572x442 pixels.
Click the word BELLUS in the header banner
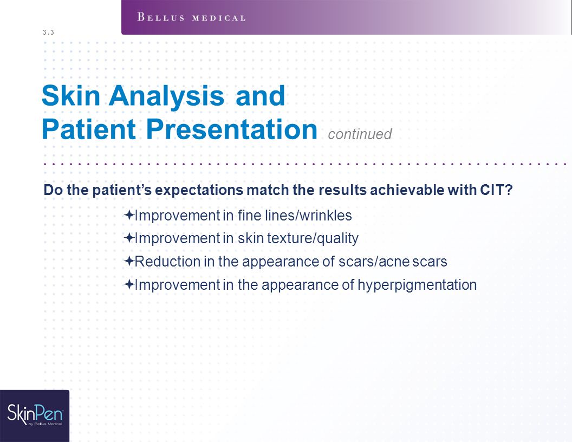pos(161,17)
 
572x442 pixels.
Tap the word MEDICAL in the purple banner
pos(219,18)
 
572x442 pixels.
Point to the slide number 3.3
pos(48,32)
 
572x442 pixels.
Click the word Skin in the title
pos(71,95)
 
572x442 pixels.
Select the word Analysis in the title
pos(166,96)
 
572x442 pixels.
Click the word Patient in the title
pos(89,129)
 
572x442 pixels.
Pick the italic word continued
pos(360,134)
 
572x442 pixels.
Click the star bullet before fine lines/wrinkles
pos(129,215)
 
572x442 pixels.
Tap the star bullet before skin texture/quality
pos(129,238)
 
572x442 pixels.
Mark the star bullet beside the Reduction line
pos(129,261)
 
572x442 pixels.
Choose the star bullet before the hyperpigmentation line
pos(129,284)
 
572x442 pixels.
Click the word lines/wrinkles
pos(308,216)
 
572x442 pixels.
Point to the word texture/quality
pos(313,238)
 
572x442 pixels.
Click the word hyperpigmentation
pos(417,285)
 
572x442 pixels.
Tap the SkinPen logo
pos(35,416)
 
